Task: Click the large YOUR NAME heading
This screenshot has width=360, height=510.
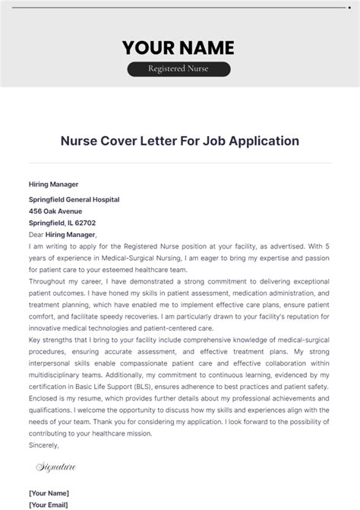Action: (x=178, y=48)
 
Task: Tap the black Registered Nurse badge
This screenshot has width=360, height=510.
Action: (x=178, y=69)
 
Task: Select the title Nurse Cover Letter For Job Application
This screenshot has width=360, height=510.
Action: (x=179, y=141)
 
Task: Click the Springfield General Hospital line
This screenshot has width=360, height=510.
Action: (x=74, y=200)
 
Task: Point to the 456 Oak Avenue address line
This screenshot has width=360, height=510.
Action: (x=55, y=211)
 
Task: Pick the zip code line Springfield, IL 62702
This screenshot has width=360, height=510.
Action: (x=62, y=223)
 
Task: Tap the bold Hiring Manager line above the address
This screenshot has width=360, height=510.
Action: (x=53, y=184)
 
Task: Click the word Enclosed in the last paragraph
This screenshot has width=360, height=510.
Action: (x=45, y=398)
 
